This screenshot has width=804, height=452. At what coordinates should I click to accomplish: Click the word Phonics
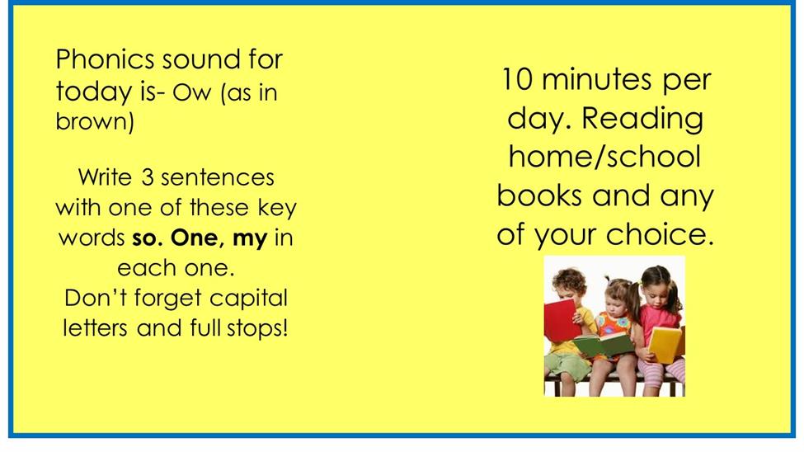point(105,59)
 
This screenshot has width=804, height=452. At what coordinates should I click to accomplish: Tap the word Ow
point(192,93)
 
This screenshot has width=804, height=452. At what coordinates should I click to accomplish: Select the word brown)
point(94,121)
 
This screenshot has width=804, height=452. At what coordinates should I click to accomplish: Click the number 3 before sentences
point(147,177)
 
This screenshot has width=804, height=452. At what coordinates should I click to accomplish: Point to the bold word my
point(250,238)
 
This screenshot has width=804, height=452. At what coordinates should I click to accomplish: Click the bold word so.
point(148,239)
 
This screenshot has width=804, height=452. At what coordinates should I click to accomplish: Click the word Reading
point(642,120)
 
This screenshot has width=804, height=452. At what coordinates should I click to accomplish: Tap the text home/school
point(604,157)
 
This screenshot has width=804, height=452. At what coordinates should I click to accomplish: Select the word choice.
point(660,234)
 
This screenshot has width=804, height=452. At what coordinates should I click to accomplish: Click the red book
point(562,320)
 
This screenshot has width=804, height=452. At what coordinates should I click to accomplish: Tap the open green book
point(604,344)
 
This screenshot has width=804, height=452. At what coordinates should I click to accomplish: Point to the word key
point(277,209)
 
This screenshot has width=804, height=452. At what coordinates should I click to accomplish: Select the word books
point(539,195)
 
